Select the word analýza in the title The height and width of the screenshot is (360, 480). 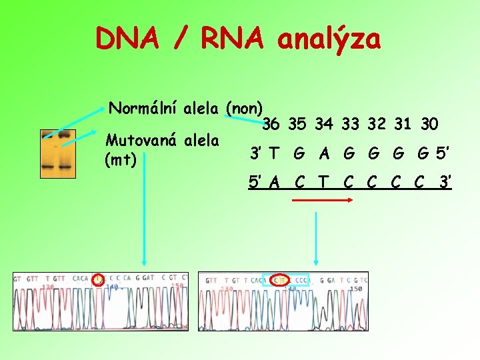(329, 39)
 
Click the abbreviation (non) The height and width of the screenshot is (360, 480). (245, 108)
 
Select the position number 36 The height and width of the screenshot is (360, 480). (271, 124)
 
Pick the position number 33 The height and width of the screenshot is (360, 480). (351, 124)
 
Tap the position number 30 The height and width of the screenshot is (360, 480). (429, 124)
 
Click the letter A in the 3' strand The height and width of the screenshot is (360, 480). (325, 153)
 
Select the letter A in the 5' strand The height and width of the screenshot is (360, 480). (273, 181)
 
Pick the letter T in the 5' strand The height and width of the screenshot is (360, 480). (324, 181)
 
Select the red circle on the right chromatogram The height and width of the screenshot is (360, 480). (280, 281)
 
